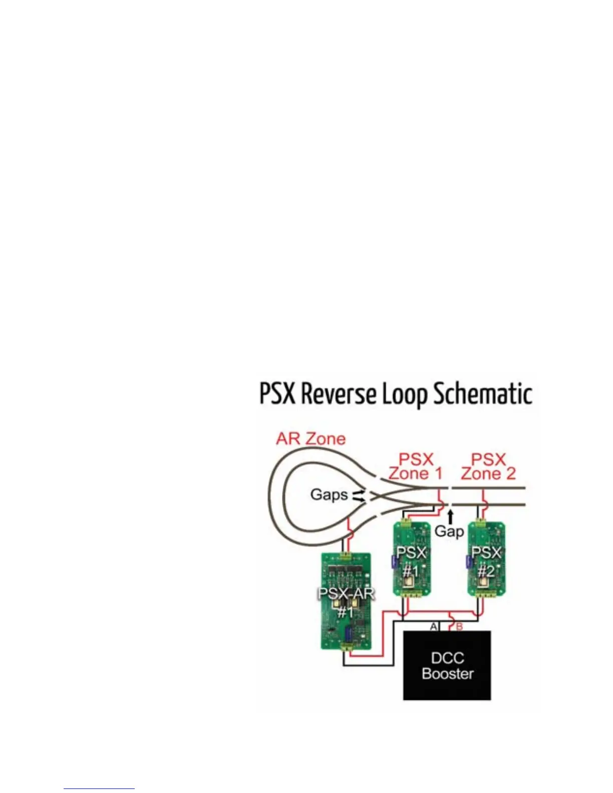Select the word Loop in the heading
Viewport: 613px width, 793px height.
405,395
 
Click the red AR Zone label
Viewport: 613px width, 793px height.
311,439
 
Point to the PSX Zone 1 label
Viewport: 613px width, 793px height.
416,467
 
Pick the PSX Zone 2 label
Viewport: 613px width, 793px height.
488,467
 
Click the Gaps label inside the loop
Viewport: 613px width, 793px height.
329,495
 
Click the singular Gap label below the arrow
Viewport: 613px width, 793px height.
449,531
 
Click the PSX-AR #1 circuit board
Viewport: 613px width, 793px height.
346,601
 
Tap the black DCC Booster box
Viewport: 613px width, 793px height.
447,666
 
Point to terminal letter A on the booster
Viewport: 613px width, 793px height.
434,626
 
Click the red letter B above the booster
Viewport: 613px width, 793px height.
459,626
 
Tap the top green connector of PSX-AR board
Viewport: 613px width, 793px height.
346,555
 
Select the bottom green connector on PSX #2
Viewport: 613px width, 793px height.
485,594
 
